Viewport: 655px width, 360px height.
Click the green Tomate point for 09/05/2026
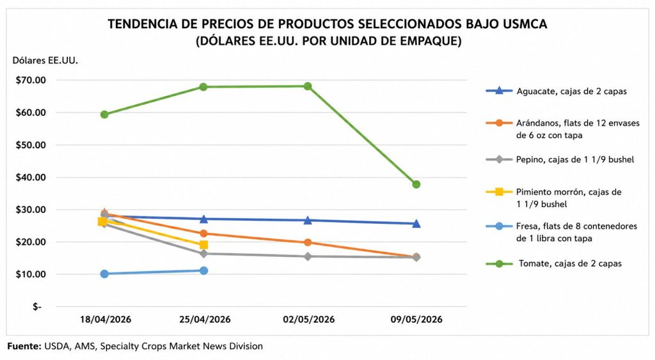[416, 184]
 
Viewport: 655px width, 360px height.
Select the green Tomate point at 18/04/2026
[104, 114]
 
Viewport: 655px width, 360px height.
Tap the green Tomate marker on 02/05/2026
[308, 86]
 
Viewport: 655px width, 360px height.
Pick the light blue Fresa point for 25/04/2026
[204, 270]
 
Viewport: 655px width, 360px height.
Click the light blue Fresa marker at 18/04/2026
[104, 274]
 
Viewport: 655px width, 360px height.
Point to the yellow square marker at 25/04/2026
[204, 245]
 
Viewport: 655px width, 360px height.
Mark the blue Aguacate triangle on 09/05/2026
[416, 223]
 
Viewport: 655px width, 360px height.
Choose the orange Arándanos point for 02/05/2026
[308, 242]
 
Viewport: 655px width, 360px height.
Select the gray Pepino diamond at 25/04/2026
[204, 253]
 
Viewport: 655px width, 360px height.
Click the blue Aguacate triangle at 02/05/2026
[308, 220]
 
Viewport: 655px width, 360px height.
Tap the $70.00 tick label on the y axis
[31, 80]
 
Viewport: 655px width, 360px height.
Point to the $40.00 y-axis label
[31, 177]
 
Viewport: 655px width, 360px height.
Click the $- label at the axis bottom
[37, 307]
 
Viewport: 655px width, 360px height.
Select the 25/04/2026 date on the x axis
[205, 320]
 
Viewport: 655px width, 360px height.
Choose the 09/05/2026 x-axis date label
[416, 320]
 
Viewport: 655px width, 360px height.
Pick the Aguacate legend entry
[556, 91]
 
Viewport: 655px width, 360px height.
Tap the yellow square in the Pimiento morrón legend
[499, 192]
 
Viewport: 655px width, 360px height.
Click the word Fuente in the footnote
[24, 346]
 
